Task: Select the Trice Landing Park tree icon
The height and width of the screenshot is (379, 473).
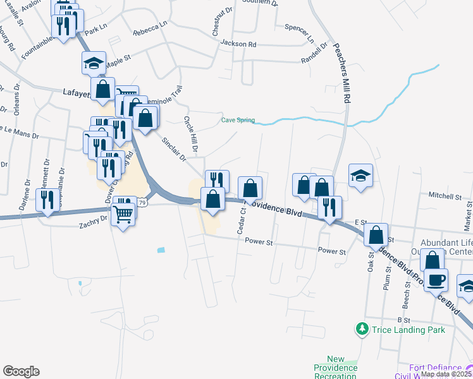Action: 362,329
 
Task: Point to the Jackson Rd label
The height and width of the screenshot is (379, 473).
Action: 238,44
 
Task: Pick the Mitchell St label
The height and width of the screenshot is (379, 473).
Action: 445,196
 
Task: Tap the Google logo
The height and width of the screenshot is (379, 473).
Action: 21,371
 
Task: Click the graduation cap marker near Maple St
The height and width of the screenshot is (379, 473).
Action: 93,63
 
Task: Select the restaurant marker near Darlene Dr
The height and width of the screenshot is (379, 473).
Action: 48,200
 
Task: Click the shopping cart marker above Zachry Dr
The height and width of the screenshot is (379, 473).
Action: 123,215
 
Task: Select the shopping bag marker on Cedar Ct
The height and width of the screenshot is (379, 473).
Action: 250,188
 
